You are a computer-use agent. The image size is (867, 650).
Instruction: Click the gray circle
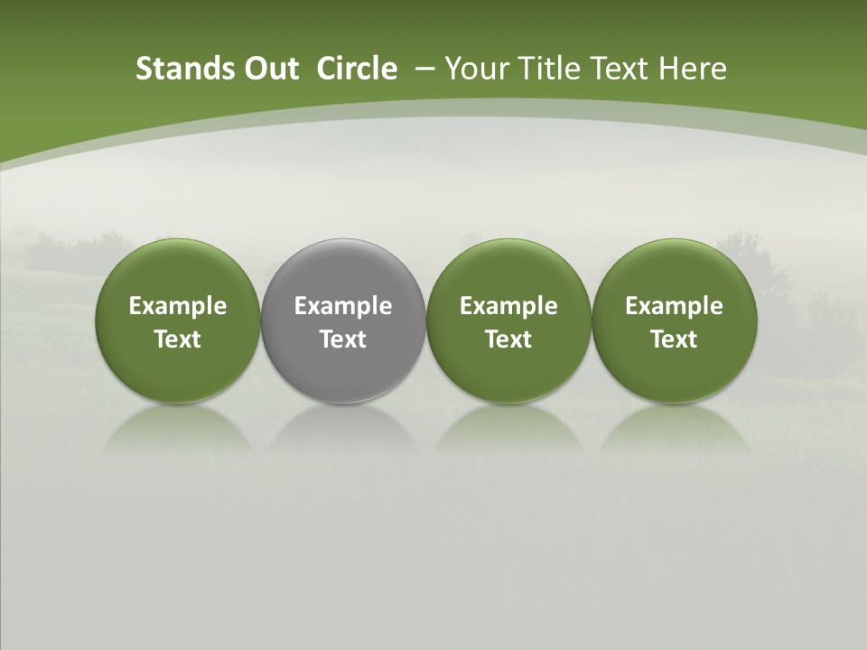click(x=343, y=320)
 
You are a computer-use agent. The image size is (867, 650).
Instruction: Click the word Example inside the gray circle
click(x=343, y=306)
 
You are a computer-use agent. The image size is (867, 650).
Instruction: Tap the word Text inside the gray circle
click(x=343, y=339)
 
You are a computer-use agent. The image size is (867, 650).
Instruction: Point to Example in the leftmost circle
click(x=178, y=306)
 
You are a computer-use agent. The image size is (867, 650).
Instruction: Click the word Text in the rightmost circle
click(x=675, y=339)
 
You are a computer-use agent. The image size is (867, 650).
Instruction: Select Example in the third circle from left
click(x=508, y=306)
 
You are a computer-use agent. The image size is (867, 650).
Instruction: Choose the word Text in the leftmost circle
click(x=178, y=339)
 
